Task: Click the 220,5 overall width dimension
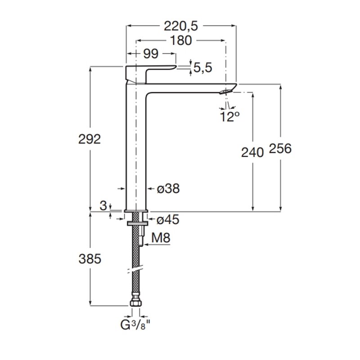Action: click(181, 26)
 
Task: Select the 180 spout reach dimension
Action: click(181, 40)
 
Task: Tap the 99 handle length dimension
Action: click(151, 54)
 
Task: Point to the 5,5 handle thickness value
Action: click(203, 68)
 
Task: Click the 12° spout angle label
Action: click(229, 117)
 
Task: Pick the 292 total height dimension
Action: click(90, 139)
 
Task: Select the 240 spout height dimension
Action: click(252, 153)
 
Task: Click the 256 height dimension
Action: click(280, 148)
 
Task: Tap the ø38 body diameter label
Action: click(168, 189)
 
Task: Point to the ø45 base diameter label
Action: click(168, 220)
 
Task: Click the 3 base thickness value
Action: click(103, 206)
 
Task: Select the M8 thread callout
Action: click(161, 238)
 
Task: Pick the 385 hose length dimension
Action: click(90, 259)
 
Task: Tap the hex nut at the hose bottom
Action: click(136, 303)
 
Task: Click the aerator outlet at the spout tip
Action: click(226, 92)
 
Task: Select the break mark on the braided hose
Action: click(136, 270)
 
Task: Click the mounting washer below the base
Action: click(137, 223)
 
